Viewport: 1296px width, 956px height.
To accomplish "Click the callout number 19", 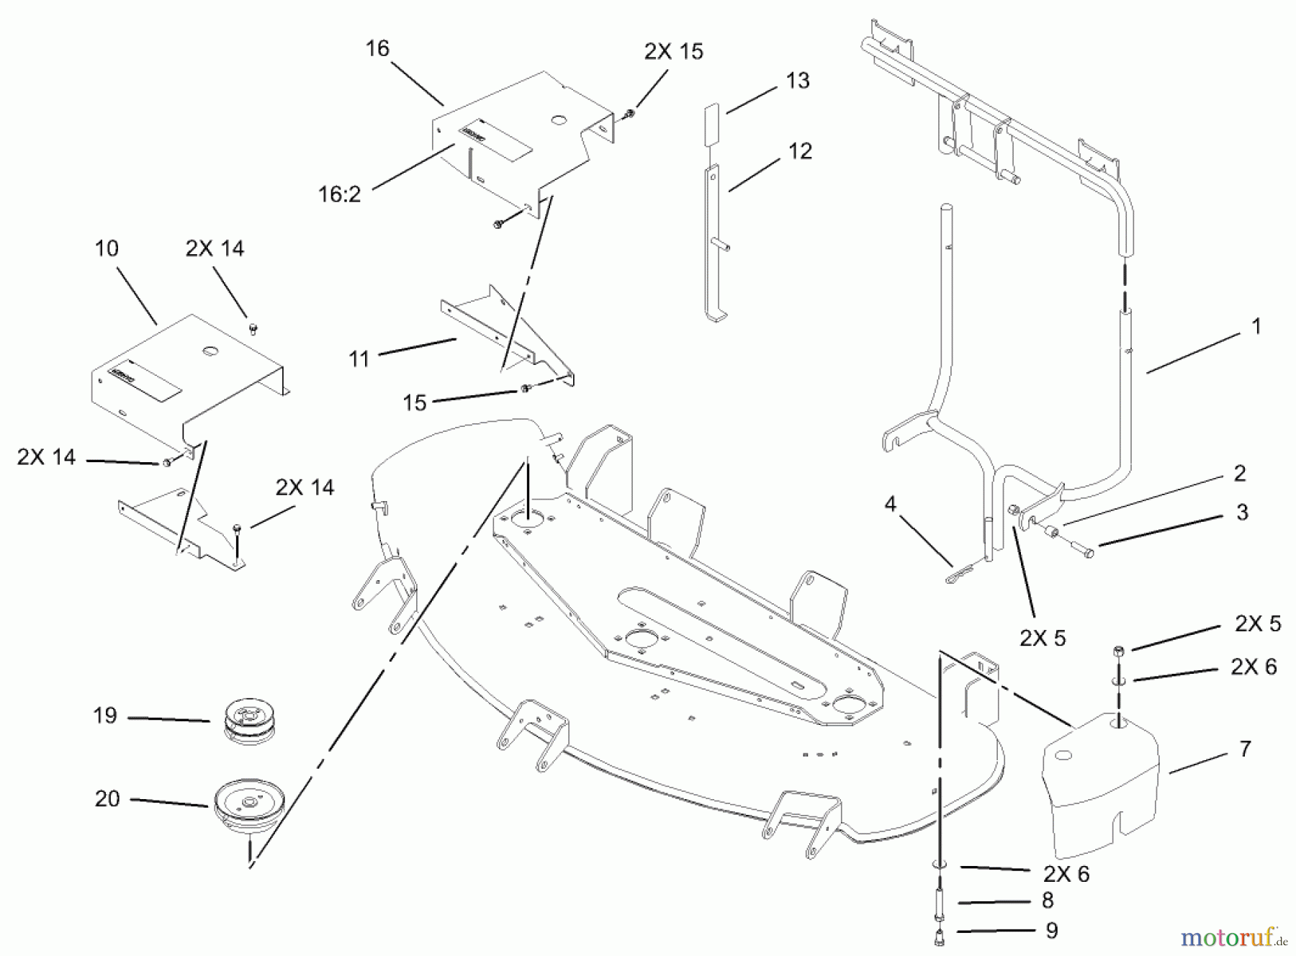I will [104, 716].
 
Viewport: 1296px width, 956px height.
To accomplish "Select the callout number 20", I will [107, 798].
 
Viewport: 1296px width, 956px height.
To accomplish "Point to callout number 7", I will [1245, 749].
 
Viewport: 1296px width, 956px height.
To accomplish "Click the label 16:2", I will [339, 194].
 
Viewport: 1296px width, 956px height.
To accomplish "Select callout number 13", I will [797, 81].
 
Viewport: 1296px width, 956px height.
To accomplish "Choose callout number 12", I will [800, 151].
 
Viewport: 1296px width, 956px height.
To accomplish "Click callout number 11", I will [359, 358].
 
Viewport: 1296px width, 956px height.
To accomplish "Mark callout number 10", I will [107, 248].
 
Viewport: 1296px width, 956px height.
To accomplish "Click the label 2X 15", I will [673, 52].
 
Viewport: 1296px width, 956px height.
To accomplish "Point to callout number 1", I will [1256, 327].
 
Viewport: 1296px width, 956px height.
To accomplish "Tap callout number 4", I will [891, 505].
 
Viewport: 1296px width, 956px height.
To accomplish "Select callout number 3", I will [1242, 513].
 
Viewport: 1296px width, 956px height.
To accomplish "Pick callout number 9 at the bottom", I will [1052, 931].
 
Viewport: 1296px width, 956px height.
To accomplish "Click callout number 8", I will [1048, 901].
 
